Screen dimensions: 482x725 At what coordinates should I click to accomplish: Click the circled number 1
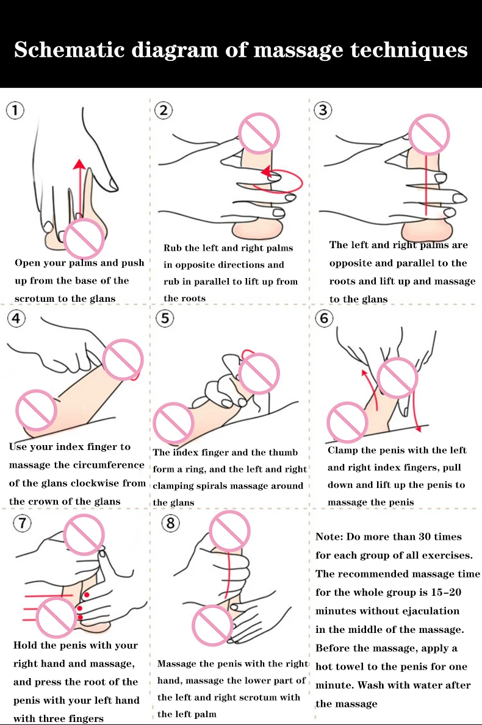[x=15, y=110]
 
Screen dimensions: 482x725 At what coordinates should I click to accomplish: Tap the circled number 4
[x=16, y=318]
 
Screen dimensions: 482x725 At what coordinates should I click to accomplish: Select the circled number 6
[x=323, y=318]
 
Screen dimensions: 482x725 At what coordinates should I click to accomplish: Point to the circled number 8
[x=171, y=523]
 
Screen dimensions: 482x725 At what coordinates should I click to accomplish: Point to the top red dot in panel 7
[x=87, y=594]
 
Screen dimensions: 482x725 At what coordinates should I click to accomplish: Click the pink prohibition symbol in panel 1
[x=85, y=240]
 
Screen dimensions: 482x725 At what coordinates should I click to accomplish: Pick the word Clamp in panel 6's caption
[x=342, y=451]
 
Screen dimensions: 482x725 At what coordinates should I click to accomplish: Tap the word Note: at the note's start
[x=330, y=537]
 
